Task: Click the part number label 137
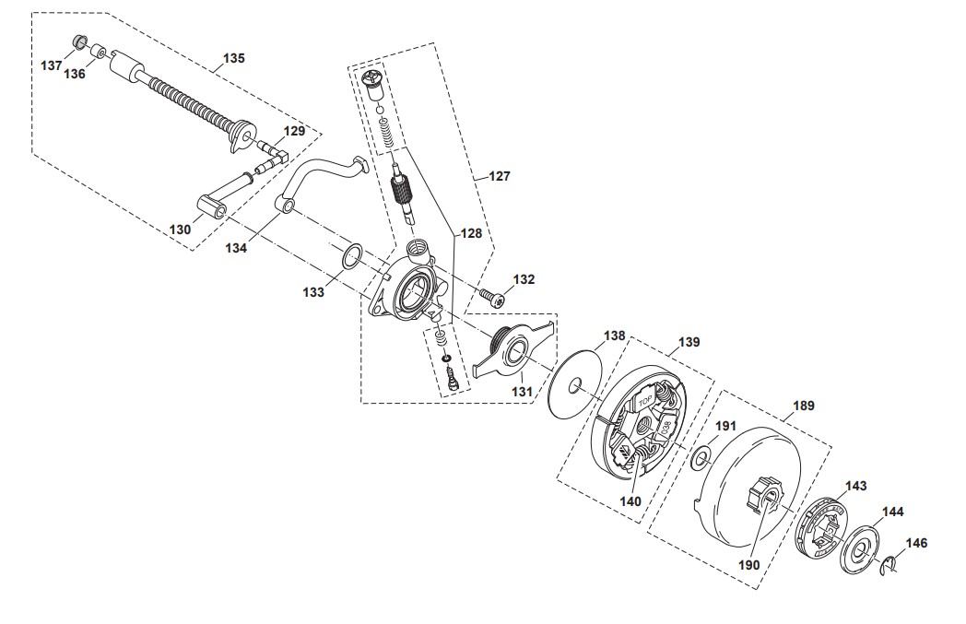coord(52,65)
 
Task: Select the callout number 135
coord(234,58)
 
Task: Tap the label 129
coord(294,131)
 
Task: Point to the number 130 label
coord(181,230)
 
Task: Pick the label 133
coord(314,292)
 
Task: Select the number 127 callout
coord(499,175)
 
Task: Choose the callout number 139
coord(689,342)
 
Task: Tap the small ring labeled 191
coord(701,454)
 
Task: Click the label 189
coord(804,405)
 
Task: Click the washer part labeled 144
coord(860,550)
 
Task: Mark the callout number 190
coord(749,565)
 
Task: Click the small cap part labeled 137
coord(78,42)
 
